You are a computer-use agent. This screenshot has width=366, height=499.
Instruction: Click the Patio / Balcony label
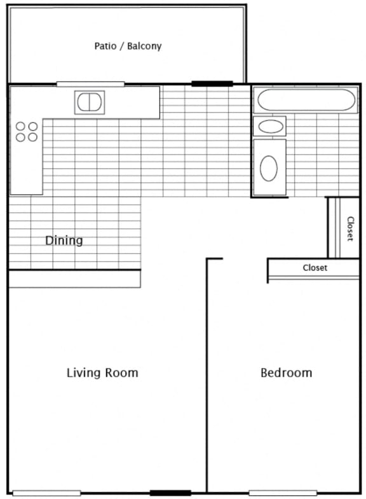(128, 46)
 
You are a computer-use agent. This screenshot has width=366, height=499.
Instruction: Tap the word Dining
(64, 241)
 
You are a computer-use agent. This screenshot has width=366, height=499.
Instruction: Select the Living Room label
(102, 373)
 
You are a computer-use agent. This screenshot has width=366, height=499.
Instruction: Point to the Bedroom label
(286, 373)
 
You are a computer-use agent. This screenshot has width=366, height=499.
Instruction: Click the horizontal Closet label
(315, 267)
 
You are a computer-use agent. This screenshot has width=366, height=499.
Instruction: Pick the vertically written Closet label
(350, 229)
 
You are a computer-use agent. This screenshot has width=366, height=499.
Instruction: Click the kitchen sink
(90, 102)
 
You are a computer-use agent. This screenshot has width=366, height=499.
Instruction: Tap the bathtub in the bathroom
(306, 99)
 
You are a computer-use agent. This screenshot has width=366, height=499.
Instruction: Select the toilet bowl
(269, 168)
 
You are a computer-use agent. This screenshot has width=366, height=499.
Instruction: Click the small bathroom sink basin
(271, 127)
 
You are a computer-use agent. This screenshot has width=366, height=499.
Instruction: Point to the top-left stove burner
(20, 126)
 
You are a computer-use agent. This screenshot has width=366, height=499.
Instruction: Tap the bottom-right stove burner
(33, 137)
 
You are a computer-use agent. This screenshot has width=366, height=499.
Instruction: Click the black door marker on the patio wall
(212, 84)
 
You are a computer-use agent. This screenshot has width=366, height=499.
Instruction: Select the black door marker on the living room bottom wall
(170, 493)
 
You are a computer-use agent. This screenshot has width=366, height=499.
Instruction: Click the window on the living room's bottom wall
(46, 493)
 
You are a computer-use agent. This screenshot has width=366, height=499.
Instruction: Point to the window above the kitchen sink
(90, 84)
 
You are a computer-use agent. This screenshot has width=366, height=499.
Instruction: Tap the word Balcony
(144, 46)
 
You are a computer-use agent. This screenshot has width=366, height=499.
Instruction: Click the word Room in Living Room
(122, 373)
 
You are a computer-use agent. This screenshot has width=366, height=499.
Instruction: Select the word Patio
(105, 46)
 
